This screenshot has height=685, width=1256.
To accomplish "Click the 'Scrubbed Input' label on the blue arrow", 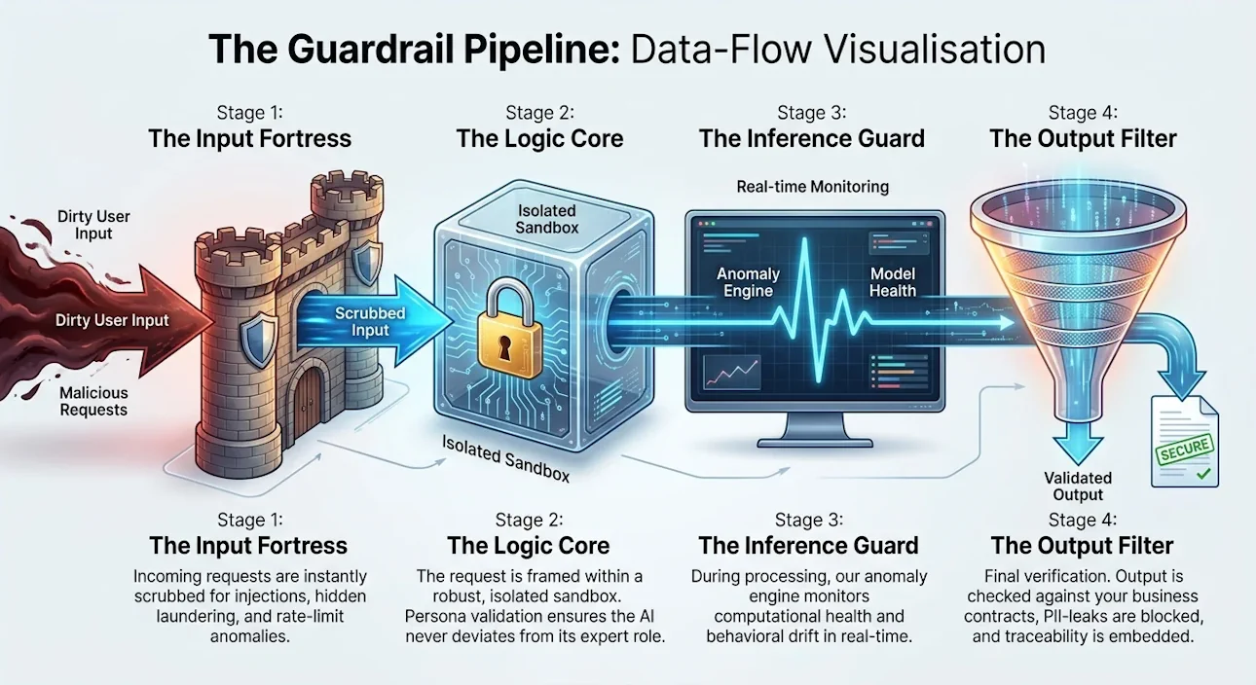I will coord(370,322).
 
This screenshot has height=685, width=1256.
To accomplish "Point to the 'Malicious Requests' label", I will coord(93,401).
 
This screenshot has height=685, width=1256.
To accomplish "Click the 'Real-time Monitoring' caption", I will coord(812,187).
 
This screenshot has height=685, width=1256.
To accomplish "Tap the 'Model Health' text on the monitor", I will coord(893,282).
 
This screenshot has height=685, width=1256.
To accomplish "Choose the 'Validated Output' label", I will coord(1078,487).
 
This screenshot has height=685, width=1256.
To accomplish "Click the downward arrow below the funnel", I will coord(1078,443).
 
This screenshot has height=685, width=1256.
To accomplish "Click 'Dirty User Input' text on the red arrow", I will coord(112,320).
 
